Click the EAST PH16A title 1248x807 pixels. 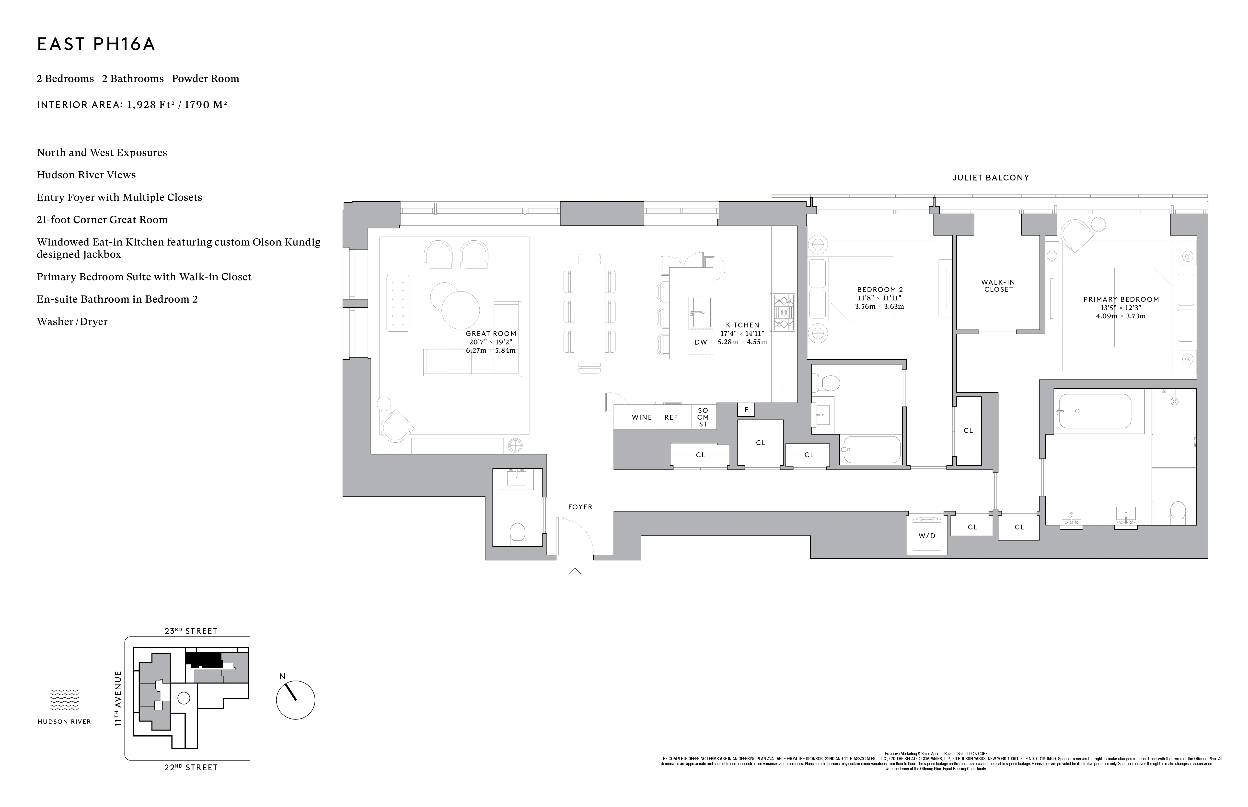point(96,45)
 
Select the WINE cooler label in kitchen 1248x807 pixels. point(641,417)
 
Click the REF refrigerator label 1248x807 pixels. point(671,417)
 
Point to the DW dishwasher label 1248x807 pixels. point(701,342)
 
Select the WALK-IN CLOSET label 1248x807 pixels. point(998,286)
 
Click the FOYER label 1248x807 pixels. point(580,507)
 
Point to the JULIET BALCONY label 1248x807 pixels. point(991,178)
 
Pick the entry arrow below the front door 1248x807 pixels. point(575,571)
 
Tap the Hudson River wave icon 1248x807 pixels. point(65,700)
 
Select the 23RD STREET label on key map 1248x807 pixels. point(191,631)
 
